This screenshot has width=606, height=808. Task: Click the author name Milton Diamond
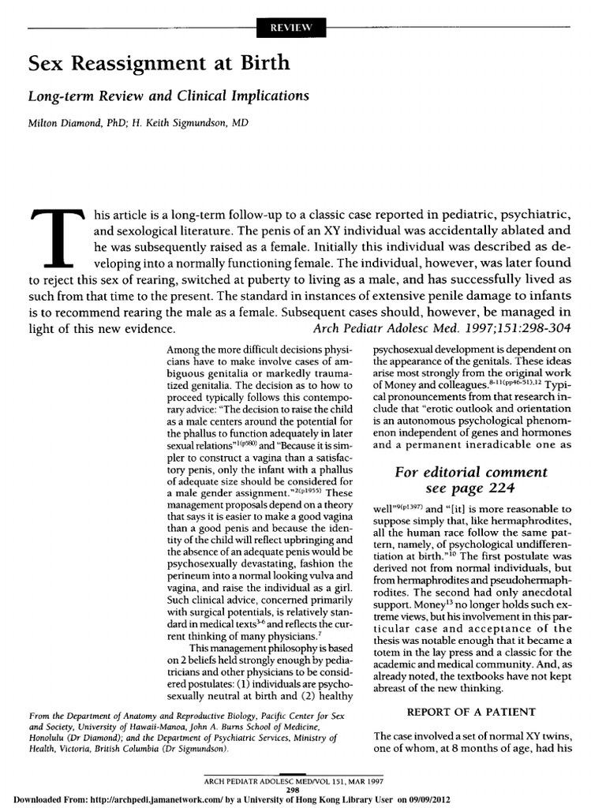click(x=62, y=124)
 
